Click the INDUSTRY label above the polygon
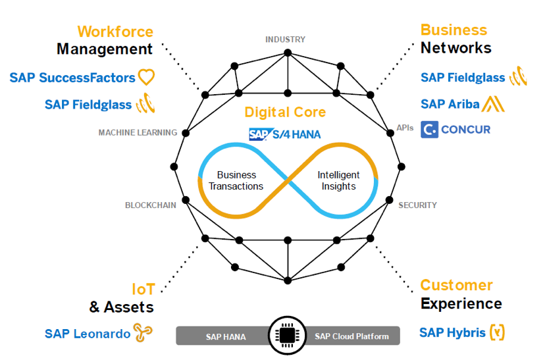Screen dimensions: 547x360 [x=285, y=39]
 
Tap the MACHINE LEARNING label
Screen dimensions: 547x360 [x=138, y=132]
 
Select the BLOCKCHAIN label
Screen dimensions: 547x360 [x=151, y=205]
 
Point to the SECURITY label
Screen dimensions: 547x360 [x=417, y=205]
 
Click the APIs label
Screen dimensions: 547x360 [x=405, y=128]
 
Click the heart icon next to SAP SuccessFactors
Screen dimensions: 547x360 [x=146, y=77]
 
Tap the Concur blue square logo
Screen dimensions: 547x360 [x=429, y=130]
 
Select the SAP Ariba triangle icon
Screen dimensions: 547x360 [x=493, y=104]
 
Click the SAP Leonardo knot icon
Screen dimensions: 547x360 [x=143, y=332]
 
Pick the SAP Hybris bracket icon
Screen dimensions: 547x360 [x=497, y=332]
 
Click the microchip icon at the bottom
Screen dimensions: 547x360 [x=287, y=336]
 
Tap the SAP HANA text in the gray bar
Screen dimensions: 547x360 [x=226, y=336]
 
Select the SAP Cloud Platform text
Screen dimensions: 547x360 [x=352, y=336]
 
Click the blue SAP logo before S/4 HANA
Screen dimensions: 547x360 [x=259, y=134]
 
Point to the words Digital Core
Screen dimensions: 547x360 [x=285, y=112]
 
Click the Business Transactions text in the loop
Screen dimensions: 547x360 [x=236, y=180]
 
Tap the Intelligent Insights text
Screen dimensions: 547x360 [x=338, y=180]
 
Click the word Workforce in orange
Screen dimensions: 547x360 [x=115, y=32]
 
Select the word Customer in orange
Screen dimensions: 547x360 [x=456, y=285]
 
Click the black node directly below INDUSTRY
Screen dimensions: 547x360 [x=288, y=53]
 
